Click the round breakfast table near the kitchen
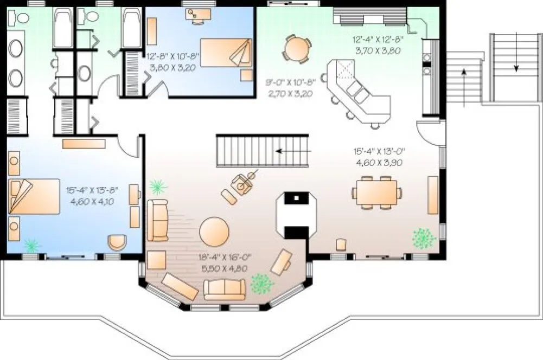(x=296, y=50)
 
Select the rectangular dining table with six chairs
(x=378, y=193)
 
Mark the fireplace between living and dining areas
(x=296, y=215)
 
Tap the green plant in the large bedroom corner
(x=32, y=245)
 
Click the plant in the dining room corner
(x=424, y=238)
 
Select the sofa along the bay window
(x=225, y=288)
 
